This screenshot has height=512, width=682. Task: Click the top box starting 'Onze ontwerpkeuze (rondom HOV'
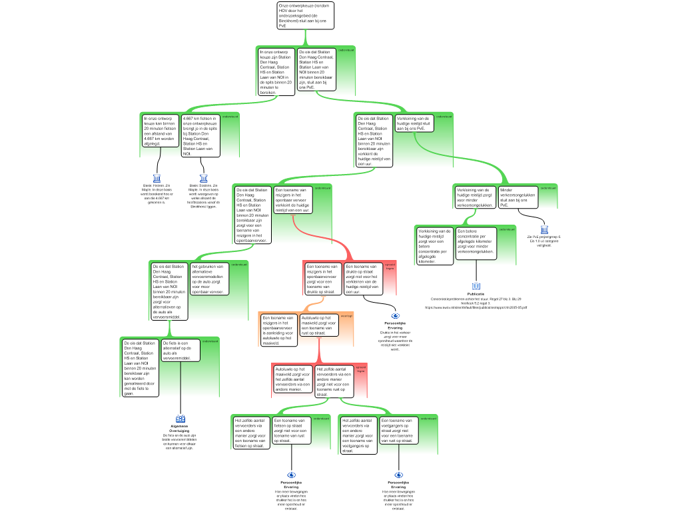[x=305, y=15]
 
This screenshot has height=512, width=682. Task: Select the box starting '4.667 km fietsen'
[x=200, y=135]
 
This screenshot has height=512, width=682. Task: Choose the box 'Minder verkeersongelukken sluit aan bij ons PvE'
[x=518, y=197]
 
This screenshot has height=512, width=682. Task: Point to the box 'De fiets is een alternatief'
[x=180, y=350]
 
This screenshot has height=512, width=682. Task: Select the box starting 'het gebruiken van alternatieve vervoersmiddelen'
[x=210, y=279]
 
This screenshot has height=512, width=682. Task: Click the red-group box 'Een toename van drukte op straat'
[x=362, y=279]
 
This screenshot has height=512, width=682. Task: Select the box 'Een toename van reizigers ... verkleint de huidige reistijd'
[x=293, y=199]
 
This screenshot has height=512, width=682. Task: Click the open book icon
[x=476, y=286]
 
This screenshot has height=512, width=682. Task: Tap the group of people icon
[x=180, y=418]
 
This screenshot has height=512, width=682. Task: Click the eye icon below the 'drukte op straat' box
[x=396, y=315]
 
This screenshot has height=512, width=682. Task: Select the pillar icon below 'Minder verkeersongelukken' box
[x=545, y=230]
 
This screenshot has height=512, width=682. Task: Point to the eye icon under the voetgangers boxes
[x=399, y=475]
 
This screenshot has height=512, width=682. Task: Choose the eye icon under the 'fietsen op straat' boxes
[x=292, y=475]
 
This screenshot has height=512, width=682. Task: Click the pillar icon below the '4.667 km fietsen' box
[x=204, y=178]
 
